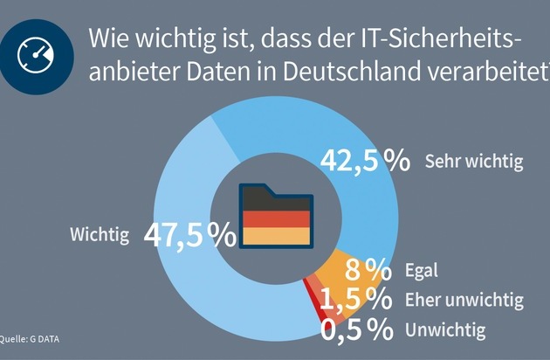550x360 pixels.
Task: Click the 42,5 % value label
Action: click(365, 161)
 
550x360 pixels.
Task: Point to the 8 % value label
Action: click(365, 268)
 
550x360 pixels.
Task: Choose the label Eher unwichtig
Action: click(464, 301)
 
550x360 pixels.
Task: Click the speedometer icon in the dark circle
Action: click(35, 55)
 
